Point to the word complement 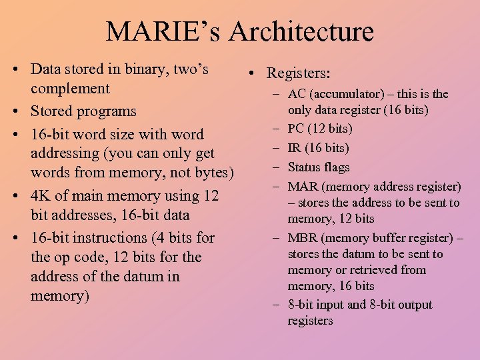coord(70,89)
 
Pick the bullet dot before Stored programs coord(15,111)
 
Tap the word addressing coord(64,153)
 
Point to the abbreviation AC coord(297,94)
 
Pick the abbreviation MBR coord(301,238)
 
